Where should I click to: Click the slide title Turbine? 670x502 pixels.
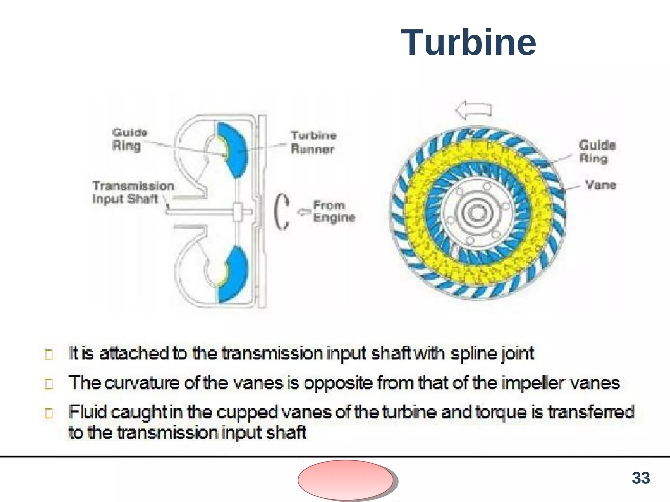[468, 43]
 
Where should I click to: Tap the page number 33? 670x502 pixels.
[641, 478]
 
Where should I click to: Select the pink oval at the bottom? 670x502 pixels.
[345, 480]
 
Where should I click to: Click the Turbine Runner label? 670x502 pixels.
[313, 142]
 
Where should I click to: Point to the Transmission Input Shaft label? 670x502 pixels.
[133, 192]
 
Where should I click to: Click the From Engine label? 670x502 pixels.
[334, 211]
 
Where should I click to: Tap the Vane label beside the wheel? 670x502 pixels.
[601, 185]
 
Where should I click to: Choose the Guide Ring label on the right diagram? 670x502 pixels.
[597, 152]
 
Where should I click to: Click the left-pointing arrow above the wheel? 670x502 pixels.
[473, 110]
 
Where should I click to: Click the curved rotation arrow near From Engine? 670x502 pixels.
[281, 212]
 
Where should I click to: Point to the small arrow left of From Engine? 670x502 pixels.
[304, 212]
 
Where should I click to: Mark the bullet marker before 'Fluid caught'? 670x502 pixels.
[49, 413]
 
